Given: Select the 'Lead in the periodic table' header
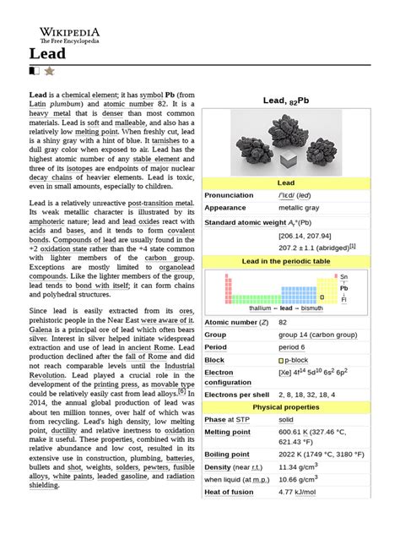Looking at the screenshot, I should (287, 262).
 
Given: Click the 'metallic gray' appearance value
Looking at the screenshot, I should (301, 207).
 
